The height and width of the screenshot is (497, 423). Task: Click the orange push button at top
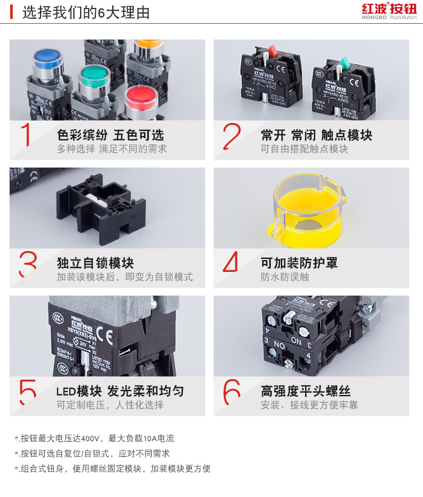point(148,45)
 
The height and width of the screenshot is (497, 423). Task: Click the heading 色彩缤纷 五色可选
point(111,135)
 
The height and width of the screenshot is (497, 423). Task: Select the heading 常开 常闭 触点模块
point(316,135)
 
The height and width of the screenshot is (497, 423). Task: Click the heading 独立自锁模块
point(95,263)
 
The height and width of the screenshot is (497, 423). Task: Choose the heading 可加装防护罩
point(299,263)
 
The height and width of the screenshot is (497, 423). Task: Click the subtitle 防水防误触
point(285,277)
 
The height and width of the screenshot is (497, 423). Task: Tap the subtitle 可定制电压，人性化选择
point(110,405)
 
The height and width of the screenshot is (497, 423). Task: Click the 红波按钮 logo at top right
point(389,11)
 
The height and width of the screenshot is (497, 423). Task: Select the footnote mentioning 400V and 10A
point(95,438)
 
